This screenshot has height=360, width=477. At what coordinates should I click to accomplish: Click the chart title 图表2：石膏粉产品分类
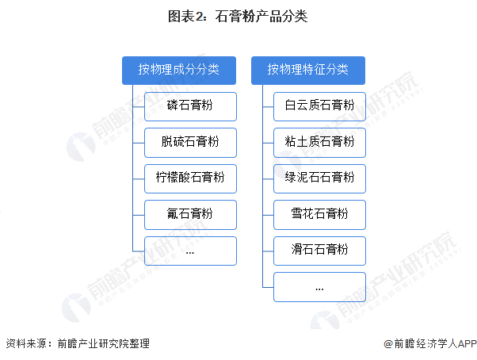238,16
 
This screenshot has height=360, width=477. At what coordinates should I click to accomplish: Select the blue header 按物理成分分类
179,69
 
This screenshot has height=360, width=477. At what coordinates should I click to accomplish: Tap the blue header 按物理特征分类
308,69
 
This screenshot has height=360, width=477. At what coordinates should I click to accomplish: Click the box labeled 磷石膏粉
190,105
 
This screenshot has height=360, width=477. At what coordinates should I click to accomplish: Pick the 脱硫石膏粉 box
190,142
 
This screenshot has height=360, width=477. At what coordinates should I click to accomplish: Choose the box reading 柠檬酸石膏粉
190,178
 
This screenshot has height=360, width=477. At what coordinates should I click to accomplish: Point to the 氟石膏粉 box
190,214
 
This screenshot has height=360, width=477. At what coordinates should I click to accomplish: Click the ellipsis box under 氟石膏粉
190,251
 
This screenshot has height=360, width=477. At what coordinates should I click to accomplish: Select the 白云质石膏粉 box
319,105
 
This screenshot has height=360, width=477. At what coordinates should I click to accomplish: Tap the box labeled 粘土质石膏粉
319,142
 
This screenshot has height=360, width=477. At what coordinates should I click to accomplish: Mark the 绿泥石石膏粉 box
319,178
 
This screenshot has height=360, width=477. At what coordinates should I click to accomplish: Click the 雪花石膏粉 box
319,214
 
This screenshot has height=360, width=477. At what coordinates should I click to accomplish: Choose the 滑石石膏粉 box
319,251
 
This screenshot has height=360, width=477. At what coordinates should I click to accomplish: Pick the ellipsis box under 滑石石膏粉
319,287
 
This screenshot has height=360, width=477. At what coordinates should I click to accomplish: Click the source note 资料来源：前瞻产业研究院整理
77,344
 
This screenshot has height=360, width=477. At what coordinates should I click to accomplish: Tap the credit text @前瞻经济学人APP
429,344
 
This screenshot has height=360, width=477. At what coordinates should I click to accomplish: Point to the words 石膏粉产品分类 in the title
261,16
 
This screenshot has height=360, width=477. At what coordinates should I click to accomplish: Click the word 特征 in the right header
315,69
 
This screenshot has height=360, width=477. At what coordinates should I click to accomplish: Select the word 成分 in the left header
185,69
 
